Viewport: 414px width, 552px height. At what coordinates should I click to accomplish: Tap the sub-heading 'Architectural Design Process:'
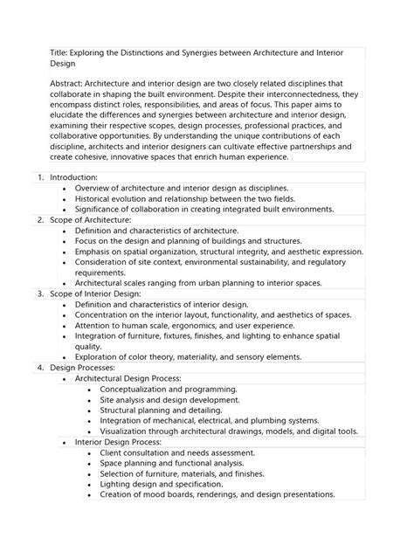pos(128,378)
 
